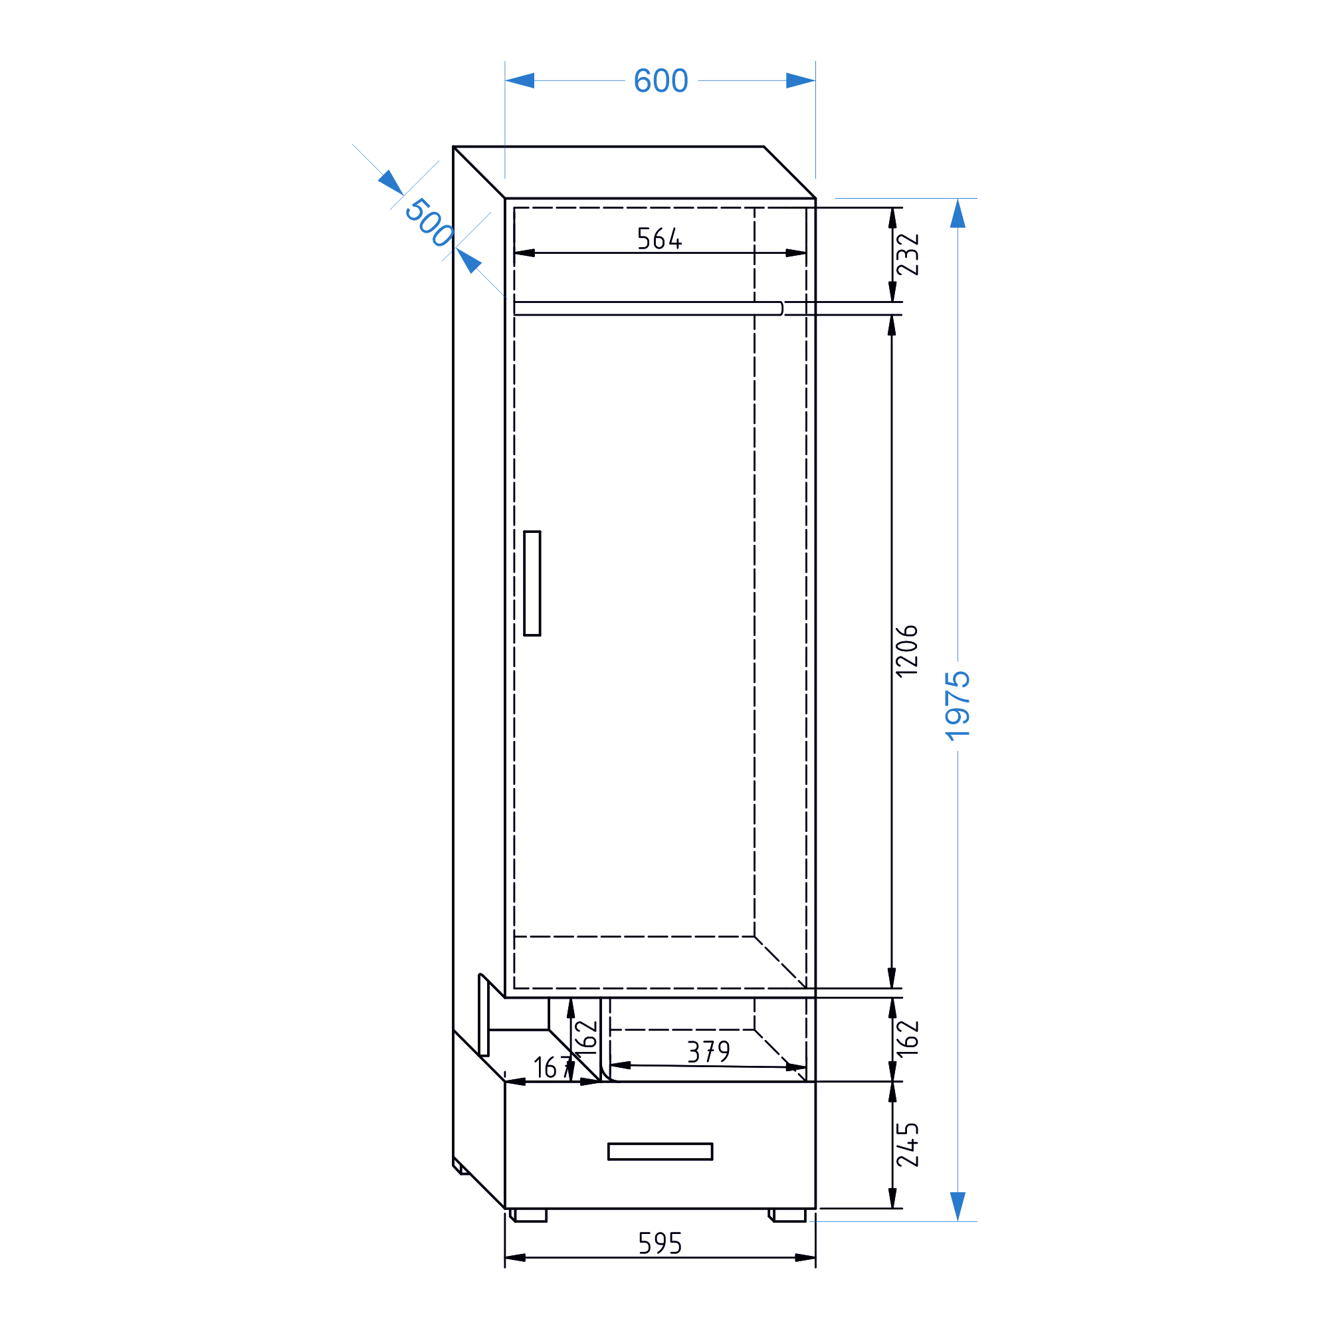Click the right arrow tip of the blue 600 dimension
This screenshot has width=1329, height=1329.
pyautogui.click(x=815, y=80)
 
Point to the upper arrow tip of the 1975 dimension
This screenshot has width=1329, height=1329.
pyautogui.click(x=958, y=199)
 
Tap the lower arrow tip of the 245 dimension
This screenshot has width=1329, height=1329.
pyautogui.click(x=892, y=1208)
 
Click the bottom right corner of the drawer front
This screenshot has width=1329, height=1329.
pyautogui.click(x=815, y=1208)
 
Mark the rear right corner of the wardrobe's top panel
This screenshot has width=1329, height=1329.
pyautogui.click(x=764, y=146)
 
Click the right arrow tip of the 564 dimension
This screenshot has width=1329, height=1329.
pyautogui.click(x=806, y=253)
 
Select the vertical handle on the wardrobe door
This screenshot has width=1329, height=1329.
pyautogui.click(x=532, y=583)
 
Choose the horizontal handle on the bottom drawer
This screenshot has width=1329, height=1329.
pyautogui.click(x=660, y=1152)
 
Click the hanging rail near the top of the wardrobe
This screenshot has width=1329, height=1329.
pyautogui.click(x=648, y=308)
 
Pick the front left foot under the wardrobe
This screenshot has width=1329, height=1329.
pyautogui.click(x=528, y=1215)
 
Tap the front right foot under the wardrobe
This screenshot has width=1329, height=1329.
pyautogui.click(x=787, y=1215)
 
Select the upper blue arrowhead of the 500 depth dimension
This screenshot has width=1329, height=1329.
pyautogui.click(x=391, y=183)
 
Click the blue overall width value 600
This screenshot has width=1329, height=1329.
pyautogui.click(x=661, y=80)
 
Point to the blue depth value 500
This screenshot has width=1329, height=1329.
pyautogui.click(x=429, y=222)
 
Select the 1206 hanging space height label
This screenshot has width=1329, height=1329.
pyautogui.click(x=906, y=651)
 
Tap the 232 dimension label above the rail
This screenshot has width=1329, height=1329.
pyautogui.click(x=907, y=255)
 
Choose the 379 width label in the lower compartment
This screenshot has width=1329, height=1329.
pyautogui.click(x=708, y=1052)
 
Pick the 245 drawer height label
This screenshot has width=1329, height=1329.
pyautogui.click(x=907, y=1145)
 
